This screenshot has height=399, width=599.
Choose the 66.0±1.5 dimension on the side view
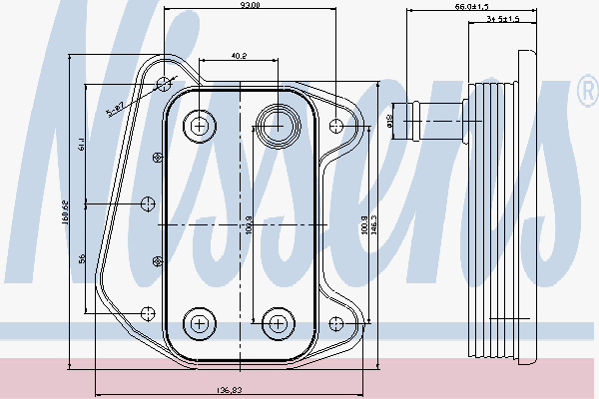tap(470, 7)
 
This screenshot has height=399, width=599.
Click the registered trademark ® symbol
tap(586, 93)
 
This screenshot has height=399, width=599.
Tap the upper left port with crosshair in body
tap(201, 126)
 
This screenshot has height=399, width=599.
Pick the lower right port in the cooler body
tap(277, 322)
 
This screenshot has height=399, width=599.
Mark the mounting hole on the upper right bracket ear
tap(337, 126)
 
